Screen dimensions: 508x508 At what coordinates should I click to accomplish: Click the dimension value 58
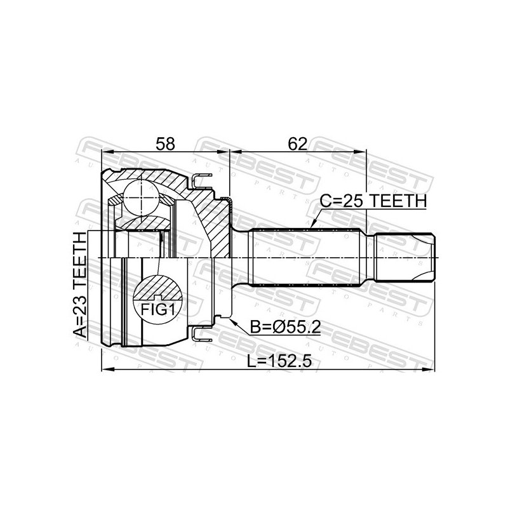[x=165, y=144]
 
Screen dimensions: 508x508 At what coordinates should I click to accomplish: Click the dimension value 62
[x=297, y=144]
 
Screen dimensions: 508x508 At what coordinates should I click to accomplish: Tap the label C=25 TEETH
[x=373, y=201]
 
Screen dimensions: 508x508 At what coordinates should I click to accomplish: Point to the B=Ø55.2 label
[x=285, y=328]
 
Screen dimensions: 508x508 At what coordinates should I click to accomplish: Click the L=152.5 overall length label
[x=279, y=361]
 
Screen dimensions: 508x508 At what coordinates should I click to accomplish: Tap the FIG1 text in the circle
[x=157, y=310]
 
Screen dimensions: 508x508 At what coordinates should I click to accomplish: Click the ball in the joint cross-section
[x=142, y=197]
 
